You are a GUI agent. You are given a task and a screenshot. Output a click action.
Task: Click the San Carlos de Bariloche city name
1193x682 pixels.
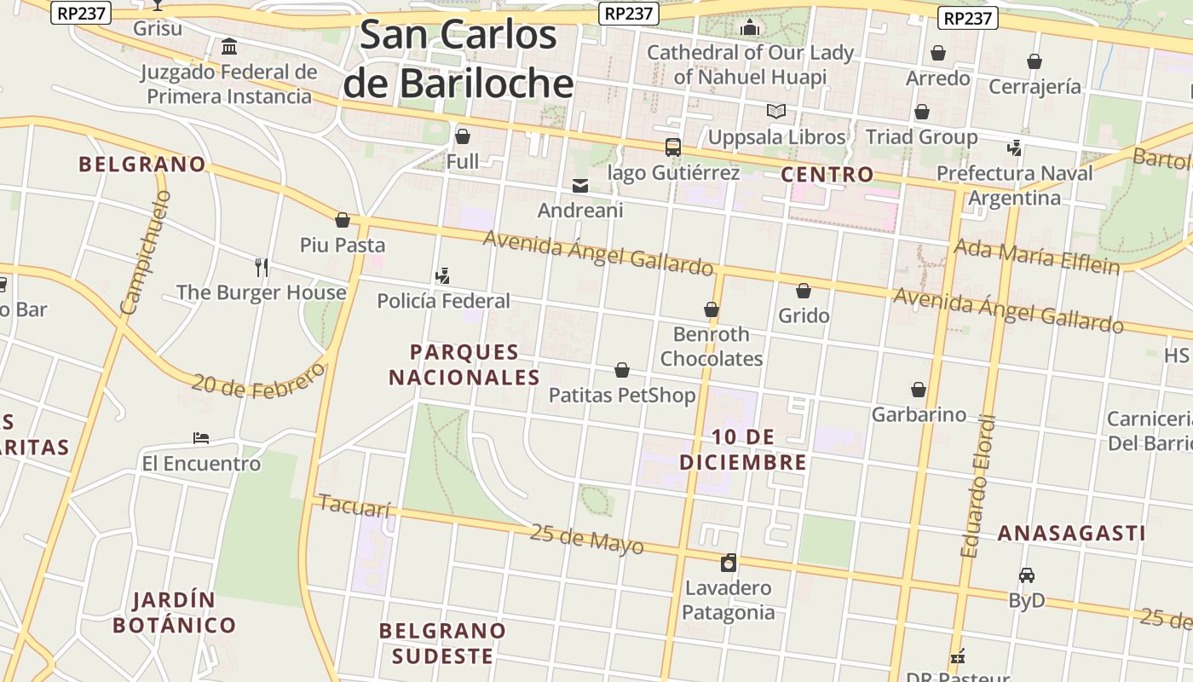458,60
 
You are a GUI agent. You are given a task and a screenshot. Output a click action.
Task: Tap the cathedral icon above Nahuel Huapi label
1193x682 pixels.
750,27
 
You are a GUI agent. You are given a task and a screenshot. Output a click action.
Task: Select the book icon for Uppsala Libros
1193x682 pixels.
775,112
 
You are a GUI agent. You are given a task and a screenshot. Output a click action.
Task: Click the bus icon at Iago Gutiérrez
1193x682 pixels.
673,147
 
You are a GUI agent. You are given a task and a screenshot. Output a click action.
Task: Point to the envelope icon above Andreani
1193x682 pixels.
580,185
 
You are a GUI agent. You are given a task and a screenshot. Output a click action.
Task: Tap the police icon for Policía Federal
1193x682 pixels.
442,275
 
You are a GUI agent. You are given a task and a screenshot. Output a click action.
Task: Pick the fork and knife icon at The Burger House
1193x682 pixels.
262,268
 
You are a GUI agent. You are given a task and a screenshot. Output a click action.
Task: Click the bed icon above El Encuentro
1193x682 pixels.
201,438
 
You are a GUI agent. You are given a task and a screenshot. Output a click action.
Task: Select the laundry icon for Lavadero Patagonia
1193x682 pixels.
728,563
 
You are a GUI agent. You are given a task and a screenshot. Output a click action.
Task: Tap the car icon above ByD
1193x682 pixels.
1027,575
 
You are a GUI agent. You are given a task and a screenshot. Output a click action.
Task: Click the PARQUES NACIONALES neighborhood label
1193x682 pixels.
464,364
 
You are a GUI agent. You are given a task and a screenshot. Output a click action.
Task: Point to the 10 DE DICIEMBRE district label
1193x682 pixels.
743,449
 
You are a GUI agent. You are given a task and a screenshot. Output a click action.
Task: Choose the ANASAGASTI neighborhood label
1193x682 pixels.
1071,534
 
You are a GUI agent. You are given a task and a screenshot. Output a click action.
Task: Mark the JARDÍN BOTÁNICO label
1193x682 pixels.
175,612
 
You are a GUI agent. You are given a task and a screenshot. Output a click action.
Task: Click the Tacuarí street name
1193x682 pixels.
354,506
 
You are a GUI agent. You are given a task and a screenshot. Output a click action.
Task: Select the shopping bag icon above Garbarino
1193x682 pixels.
919,390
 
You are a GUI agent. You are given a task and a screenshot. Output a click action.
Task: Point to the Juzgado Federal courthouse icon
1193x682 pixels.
229,46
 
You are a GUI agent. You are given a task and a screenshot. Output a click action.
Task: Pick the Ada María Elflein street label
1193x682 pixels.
1036,257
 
